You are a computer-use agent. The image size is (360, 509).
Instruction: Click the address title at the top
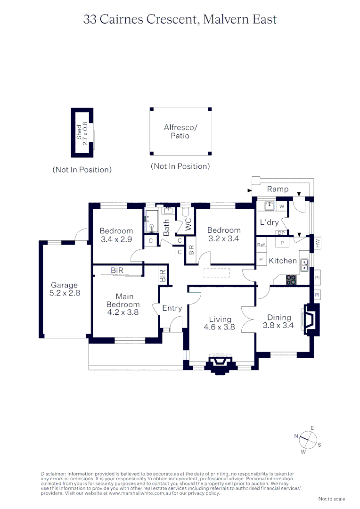click(x=180, y=19)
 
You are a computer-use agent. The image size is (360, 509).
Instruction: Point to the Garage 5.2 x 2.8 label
click(x=65, y=289)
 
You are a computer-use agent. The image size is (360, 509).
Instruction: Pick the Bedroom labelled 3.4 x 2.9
click(x=116, y=235)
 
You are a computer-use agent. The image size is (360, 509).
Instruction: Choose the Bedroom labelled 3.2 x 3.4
click(x=224, y=234)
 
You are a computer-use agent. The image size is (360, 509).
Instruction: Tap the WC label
click(x=188, y=224)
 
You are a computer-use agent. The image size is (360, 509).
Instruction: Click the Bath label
click(x=166, y=228)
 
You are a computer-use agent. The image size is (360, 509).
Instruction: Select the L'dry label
click(x=270, y=222)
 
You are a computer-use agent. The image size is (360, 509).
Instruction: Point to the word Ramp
click(x=278, y=189)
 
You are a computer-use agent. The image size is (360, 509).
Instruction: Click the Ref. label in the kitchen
click(x=262, y=245)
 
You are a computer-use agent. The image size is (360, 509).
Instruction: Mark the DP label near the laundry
click(x=280, y=233)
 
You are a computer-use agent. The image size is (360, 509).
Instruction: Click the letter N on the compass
click(x=296, y=436)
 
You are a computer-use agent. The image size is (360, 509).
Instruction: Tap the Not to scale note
click(x=332, y=499)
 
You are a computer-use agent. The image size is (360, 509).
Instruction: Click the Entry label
click(x=172, y=308)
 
